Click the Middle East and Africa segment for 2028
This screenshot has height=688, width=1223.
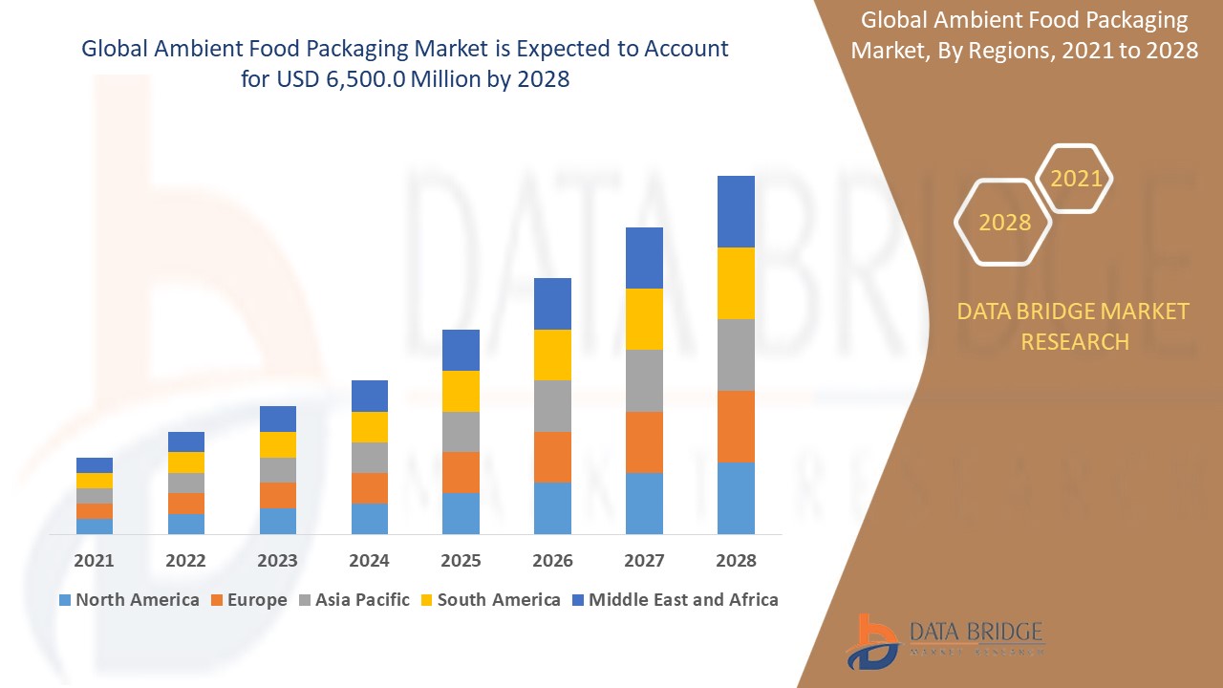(x=736, y=211)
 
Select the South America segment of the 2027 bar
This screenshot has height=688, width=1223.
(x=644, y=319)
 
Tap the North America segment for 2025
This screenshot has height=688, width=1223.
(x=461, y=513)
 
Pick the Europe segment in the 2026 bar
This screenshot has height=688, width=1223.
(x=552, y=457)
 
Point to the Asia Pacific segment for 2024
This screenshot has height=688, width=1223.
(x=369, y=458)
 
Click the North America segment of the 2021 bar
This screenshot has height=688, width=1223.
(x=95, y=526)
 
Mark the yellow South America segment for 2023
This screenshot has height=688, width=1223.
(x=278, y=444)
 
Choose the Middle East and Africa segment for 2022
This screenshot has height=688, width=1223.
(x=186, y=441)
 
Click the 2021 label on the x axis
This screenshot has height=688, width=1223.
(x=95, y=561)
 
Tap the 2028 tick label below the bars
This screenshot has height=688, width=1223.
(x=736, y=561)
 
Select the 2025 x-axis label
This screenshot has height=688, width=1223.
(x=461, y=561)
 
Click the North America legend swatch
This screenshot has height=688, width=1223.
(x=65, y=600)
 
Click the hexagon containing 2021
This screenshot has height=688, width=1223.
(x=1075, y=179)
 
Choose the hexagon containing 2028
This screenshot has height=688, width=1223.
(x=1004, y=222)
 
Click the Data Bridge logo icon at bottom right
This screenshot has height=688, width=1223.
(x=871, y=640)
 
